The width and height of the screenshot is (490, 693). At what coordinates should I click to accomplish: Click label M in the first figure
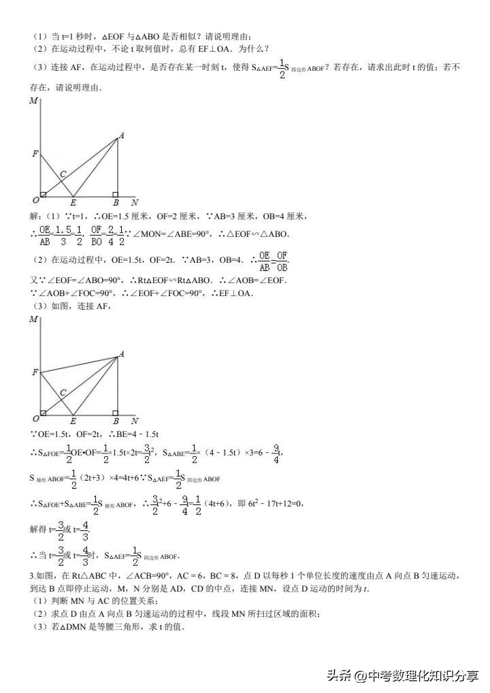(33, 101)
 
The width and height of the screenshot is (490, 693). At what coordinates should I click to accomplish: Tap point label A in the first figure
(121, 135)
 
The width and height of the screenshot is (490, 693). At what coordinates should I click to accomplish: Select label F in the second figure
(35, 372)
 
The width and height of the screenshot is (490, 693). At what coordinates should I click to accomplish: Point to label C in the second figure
(63, 392)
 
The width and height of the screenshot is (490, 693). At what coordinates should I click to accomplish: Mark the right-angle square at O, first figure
(44, 195)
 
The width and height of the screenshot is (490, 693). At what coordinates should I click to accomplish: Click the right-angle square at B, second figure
(115, 413)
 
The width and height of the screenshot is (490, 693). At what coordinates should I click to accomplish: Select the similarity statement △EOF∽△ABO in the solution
(255, 234)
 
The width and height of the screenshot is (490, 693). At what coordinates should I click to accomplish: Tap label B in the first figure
(116, 203)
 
